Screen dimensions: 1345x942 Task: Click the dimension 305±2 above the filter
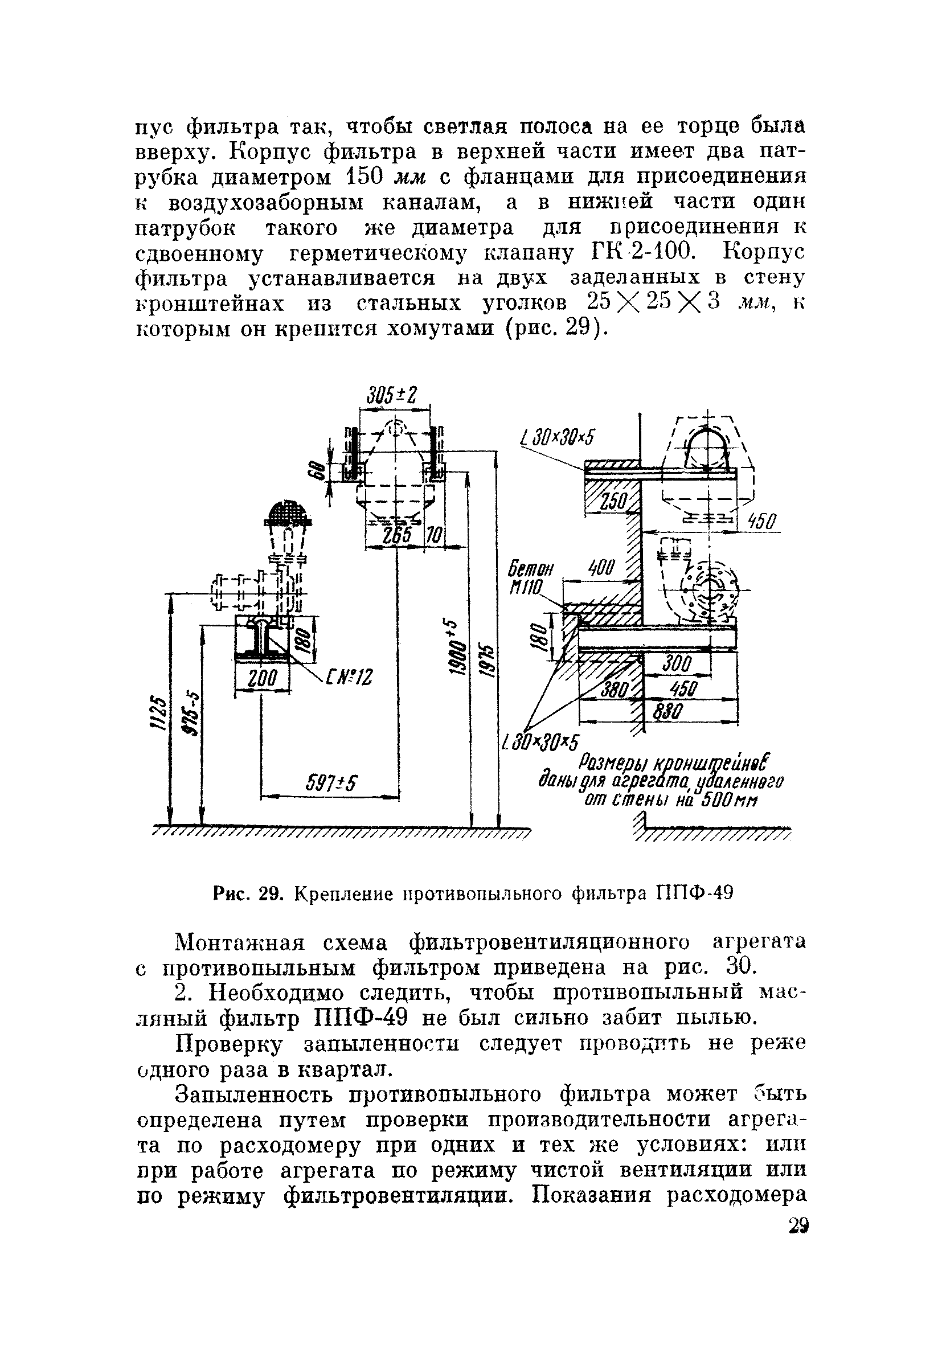point(392,396)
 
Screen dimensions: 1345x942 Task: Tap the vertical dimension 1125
point(158,714)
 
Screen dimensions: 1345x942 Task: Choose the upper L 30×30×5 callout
point(556,437)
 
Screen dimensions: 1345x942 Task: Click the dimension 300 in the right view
point(677,665)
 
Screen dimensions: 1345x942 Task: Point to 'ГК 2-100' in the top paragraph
point(638,252)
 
